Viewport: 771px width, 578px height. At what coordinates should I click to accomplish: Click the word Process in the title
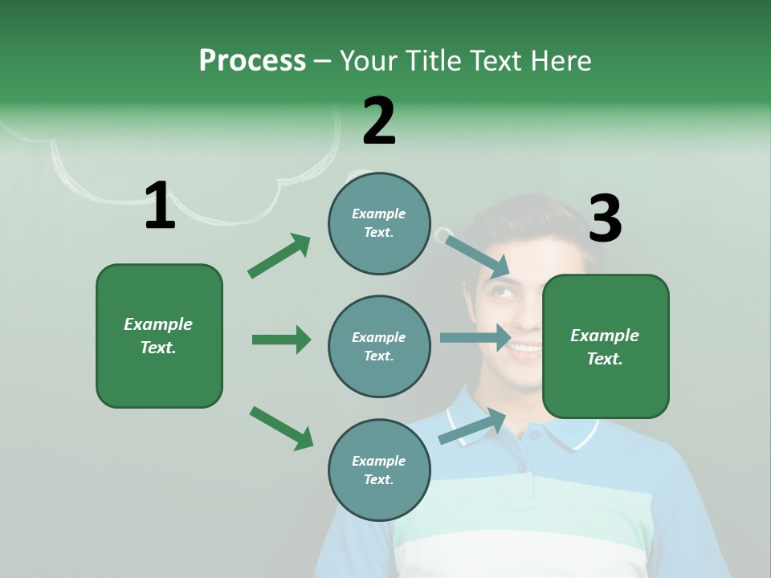pyautogui.click(x=252, y=61)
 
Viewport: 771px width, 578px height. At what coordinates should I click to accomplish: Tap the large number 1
pyautogui.click(x=160, y=206)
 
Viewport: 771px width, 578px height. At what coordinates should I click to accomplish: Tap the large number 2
pyautogui.click(x=379, y=121)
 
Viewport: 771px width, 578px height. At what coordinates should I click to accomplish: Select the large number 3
pyautogui.click(x=605, y=219)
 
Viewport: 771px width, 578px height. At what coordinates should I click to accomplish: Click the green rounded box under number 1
pyautogui.click(x=159, y=336)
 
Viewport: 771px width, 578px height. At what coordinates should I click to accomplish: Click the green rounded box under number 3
pyautogui.click(x=606, y=347)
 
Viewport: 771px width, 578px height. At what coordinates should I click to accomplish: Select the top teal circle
pyautogui.click(x=379, y=223)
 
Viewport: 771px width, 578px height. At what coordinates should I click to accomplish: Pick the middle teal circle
pyautogui.click(x=379, y=347)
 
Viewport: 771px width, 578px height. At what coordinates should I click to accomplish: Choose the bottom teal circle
pyautogui.click(x=379, y=470)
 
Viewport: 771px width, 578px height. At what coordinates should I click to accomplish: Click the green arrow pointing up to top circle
pyautogui.click(x=279, y=256)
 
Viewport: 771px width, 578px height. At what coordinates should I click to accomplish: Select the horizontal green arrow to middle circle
pyautogui.click(x=281, y=340)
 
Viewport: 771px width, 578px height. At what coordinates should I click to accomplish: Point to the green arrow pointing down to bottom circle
pyautogui.click(x=281, y=428)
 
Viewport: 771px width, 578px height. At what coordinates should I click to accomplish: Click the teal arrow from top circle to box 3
pyautogui.click(x=477, y=255)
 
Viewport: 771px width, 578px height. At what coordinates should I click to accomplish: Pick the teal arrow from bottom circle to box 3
pyautogui.click(x=473, y=426)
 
